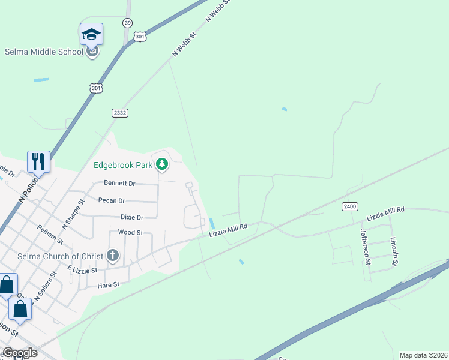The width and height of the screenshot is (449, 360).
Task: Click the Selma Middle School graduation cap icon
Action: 91,34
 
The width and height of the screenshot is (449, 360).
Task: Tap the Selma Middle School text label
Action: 44,52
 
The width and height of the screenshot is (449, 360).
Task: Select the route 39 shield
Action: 127,23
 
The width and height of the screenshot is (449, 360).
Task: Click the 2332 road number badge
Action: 120,113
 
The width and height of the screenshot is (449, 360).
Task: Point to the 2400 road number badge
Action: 350,206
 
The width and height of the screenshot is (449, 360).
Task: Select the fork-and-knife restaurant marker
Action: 38,161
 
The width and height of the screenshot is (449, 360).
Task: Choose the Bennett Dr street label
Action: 119,183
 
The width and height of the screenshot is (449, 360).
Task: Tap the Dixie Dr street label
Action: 132,217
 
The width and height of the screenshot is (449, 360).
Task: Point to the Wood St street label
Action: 130,232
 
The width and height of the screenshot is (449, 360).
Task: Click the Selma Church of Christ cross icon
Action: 112,256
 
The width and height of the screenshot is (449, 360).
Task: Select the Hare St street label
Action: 109,285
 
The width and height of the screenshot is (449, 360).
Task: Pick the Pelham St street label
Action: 50,234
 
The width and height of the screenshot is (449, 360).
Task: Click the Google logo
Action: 20,353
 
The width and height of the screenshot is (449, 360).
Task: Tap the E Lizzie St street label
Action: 82,271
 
